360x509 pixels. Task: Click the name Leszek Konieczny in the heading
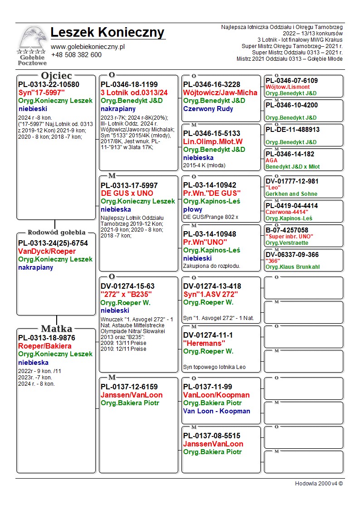point(107,33)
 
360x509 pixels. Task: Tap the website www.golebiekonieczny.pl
point(88,46)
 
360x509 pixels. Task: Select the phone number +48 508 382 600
point(76,55)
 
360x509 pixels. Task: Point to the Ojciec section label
point(56,76)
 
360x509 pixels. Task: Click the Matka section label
point(56,329)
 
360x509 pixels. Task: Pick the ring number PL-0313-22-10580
point(49,85)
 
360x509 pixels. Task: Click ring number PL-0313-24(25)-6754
point(53,243)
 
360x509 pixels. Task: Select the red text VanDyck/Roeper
point(47,252)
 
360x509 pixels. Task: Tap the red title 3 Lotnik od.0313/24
point(134,93)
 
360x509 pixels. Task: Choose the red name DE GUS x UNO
point(127,194)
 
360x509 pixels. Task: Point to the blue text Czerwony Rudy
point(208,109)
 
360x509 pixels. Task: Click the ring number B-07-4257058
point(287,230)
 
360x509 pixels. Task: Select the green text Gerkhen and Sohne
point(292,194)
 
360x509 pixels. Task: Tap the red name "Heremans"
point(204,344)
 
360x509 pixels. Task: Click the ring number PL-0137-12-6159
point(129,387)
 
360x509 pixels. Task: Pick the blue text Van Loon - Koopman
point(216,411)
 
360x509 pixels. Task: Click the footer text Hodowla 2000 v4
point(319,484)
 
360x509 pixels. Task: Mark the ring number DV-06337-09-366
point(292,255)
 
